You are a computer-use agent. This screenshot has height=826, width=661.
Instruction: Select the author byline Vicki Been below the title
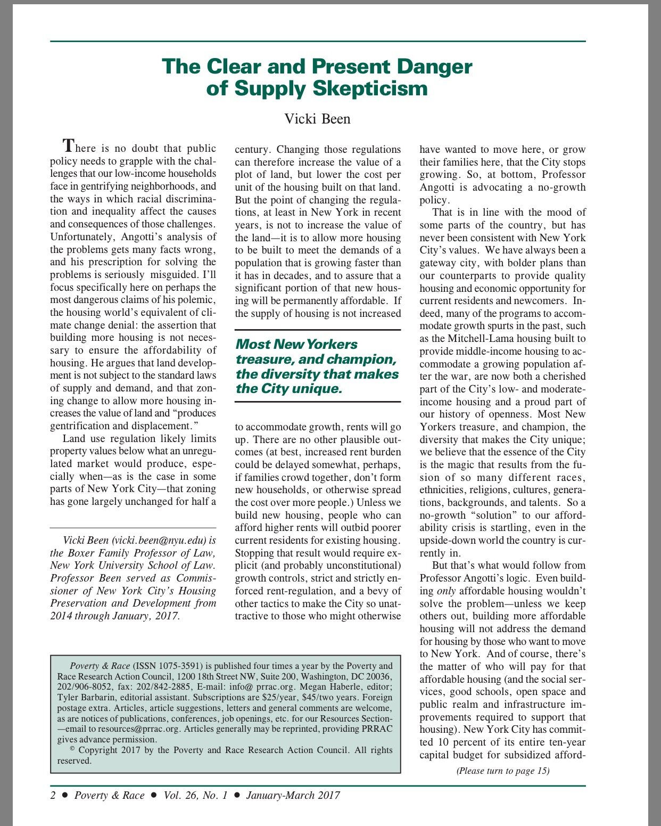point(317,118)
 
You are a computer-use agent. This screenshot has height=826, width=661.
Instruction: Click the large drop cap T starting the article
point(68,145)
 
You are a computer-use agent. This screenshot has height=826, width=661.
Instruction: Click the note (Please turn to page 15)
point(502,771)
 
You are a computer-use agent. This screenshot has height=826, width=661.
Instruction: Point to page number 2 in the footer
point(53,796)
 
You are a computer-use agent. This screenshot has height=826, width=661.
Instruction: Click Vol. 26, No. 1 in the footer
point(195,796)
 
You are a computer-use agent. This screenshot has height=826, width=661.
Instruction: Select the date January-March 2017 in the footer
point(293,796)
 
